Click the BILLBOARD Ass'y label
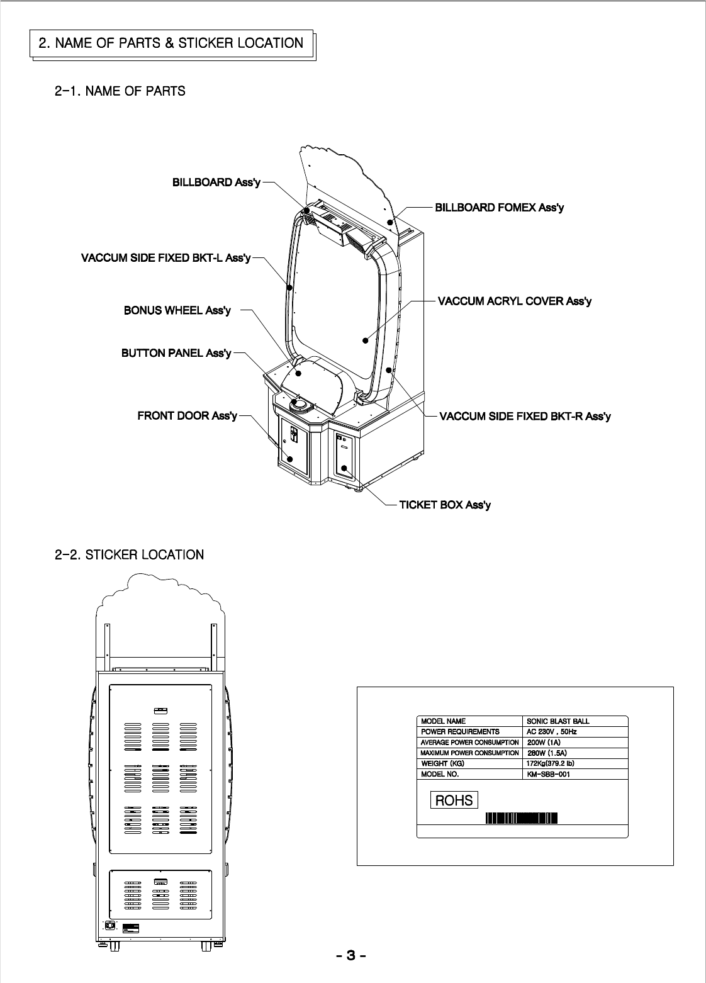pyautogui.click(x=216, y=183)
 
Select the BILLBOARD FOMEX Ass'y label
pyautogui.click(x=499, y=207)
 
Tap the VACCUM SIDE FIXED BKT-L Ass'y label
pyautogui.click(x=166, y=258)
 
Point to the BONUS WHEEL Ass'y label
pyautogui.click(x=177, y=310)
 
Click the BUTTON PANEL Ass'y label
pyautogui.click(x=176, y=353)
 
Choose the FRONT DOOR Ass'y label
pyautogui.click(x=187, y=416)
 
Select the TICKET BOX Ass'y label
pyautogui.click(x=445, y=505)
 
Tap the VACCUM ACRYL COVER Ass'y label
pyautogui.click(x=515, y=301)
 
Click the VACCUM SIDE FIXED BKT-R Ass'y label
pyautogui.click(x=525, y=416)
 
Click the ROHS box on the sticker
pyautogui.click(x=454, y=800)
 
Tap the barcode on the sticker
pyautogui.click(x=522, y=818)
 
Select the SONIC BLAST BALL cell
pyautogui.click(x=558, y=721)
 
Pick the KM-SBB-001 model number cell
pyautogui.click(x=548, y=775)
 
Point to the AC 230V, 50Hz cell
pyautogui.click(x=551, y=732)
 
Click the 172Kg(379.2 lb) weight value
pyautogui.click(x=550, y=763)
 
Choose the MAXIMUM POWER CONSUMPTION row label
pyautogui.click(x=469, y=753)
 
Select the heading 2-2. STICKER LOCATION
pyautogui.click(x=129, y=554)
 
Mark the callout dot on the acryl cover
pyautogui.click(x=365, y=340)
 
